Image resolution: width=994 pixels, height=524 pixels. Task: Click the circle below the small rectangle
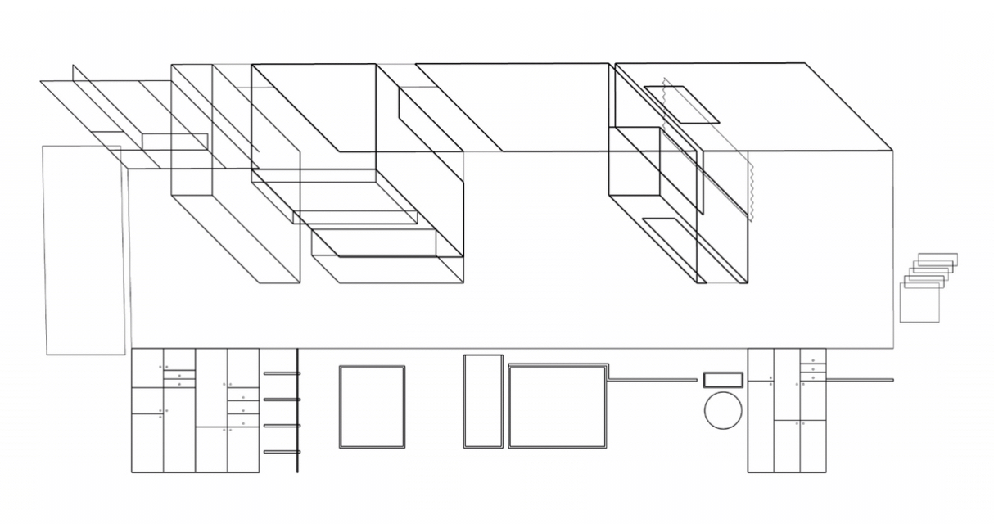coord(723,409)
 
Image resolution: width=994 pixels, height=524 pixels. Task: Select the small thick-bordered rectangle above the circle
coord(723,380)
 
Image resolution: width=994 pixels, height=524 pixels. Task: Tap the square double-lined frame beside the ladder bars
coord(373,407)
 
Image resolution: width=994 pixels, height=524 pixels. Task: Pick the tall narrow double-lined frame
coord(483,401)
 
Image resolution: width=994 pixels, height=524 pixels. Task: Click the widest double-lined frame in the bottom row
coord(557,407)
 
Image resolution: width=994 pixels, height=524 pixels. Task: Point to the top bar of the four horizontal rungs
coord(282,373)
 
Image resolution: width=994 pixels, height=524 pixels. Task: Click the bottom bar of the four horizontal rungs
coord(282,452)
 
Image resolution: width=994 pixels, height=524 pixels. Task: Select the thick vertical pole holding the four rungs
coord(297,409)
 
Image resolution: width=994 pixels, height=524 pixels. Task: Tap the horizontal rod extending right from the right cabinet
coord(860,380)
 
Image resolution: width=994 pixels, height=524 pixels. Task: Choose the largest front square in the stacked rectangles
coord(919,303)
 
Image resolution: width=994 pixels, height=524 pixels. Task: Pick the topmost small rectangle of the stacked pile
coord(938,259)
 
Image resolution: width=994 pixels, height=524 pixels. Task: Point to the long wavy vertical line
coord(750,188)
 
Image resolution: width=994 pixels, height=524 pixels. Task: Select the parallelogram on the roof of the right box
coord(681,104)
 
